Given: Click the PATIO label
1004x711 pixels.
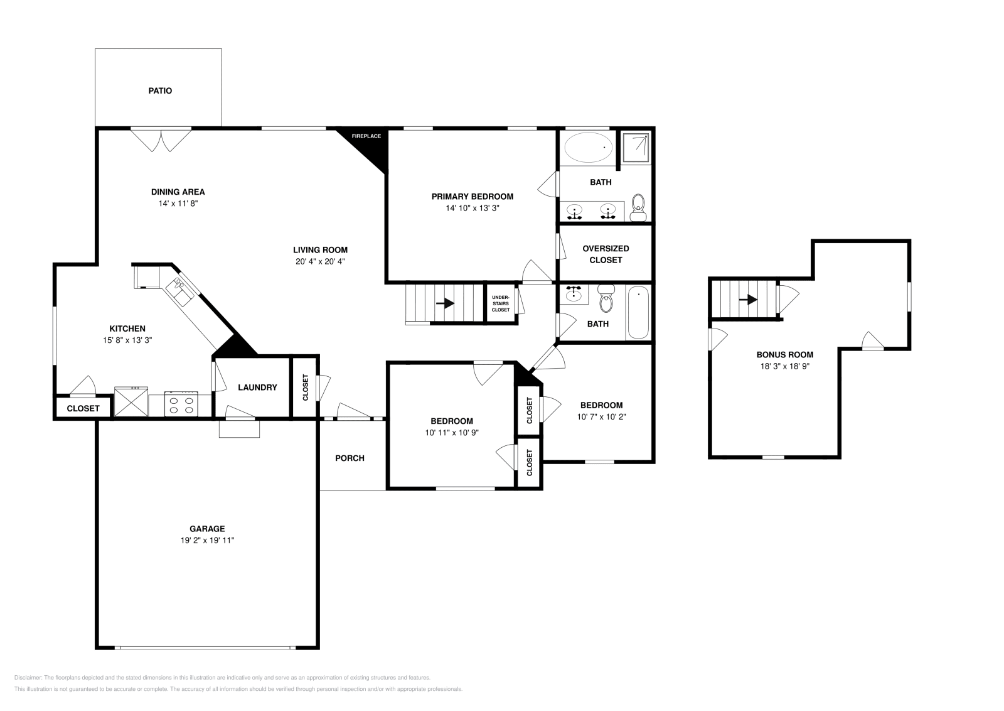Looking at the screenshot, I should tap(160, 90).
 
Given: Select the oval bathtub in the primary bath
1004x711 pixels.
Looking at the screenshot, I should tap(588, 148).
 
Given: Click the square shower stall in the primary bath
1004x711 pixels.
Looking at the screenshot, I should tap(636, 146).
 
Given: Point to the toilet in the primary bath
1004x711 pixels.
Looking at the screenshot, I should tap(638, 207).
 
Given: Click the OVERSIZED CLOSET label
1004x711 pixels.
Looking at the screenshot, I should tap(606, 254).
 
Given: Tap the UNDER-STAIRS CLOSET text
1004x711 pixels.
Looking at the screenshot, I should tap(501, 303).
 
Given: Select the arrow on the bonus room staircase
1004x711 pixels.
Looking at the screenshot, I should tap(747, 300).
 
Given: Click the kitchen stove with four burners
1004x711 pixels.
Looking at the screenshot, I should tap(181, 403).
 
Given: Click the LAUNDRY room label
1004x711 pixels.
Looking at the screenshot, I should tap(257, 388).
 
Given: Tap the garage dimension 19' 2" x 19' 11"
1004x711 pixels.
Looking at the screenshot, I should tap(207, 540).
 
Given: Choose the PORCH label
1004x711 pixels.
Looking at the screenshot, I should tap(350, 458).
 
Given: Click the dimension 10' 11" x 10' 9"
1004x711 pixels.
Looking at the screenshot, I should tap(452, 433).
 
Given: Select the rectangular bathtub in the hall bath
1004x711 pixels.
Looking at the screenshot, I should tap(638, 312).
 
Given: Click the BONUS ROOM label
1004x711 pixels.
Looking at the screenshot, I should tap(784, 354).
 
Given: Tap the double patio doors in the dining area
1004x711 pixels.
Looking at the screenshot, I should tap(161, 139).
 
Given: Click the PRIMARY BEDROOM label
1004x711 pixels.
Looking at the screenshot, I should tap(472, 197).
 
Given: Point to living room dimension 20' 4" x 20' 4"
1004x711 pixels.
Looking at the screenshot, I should tap(320, 261).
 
